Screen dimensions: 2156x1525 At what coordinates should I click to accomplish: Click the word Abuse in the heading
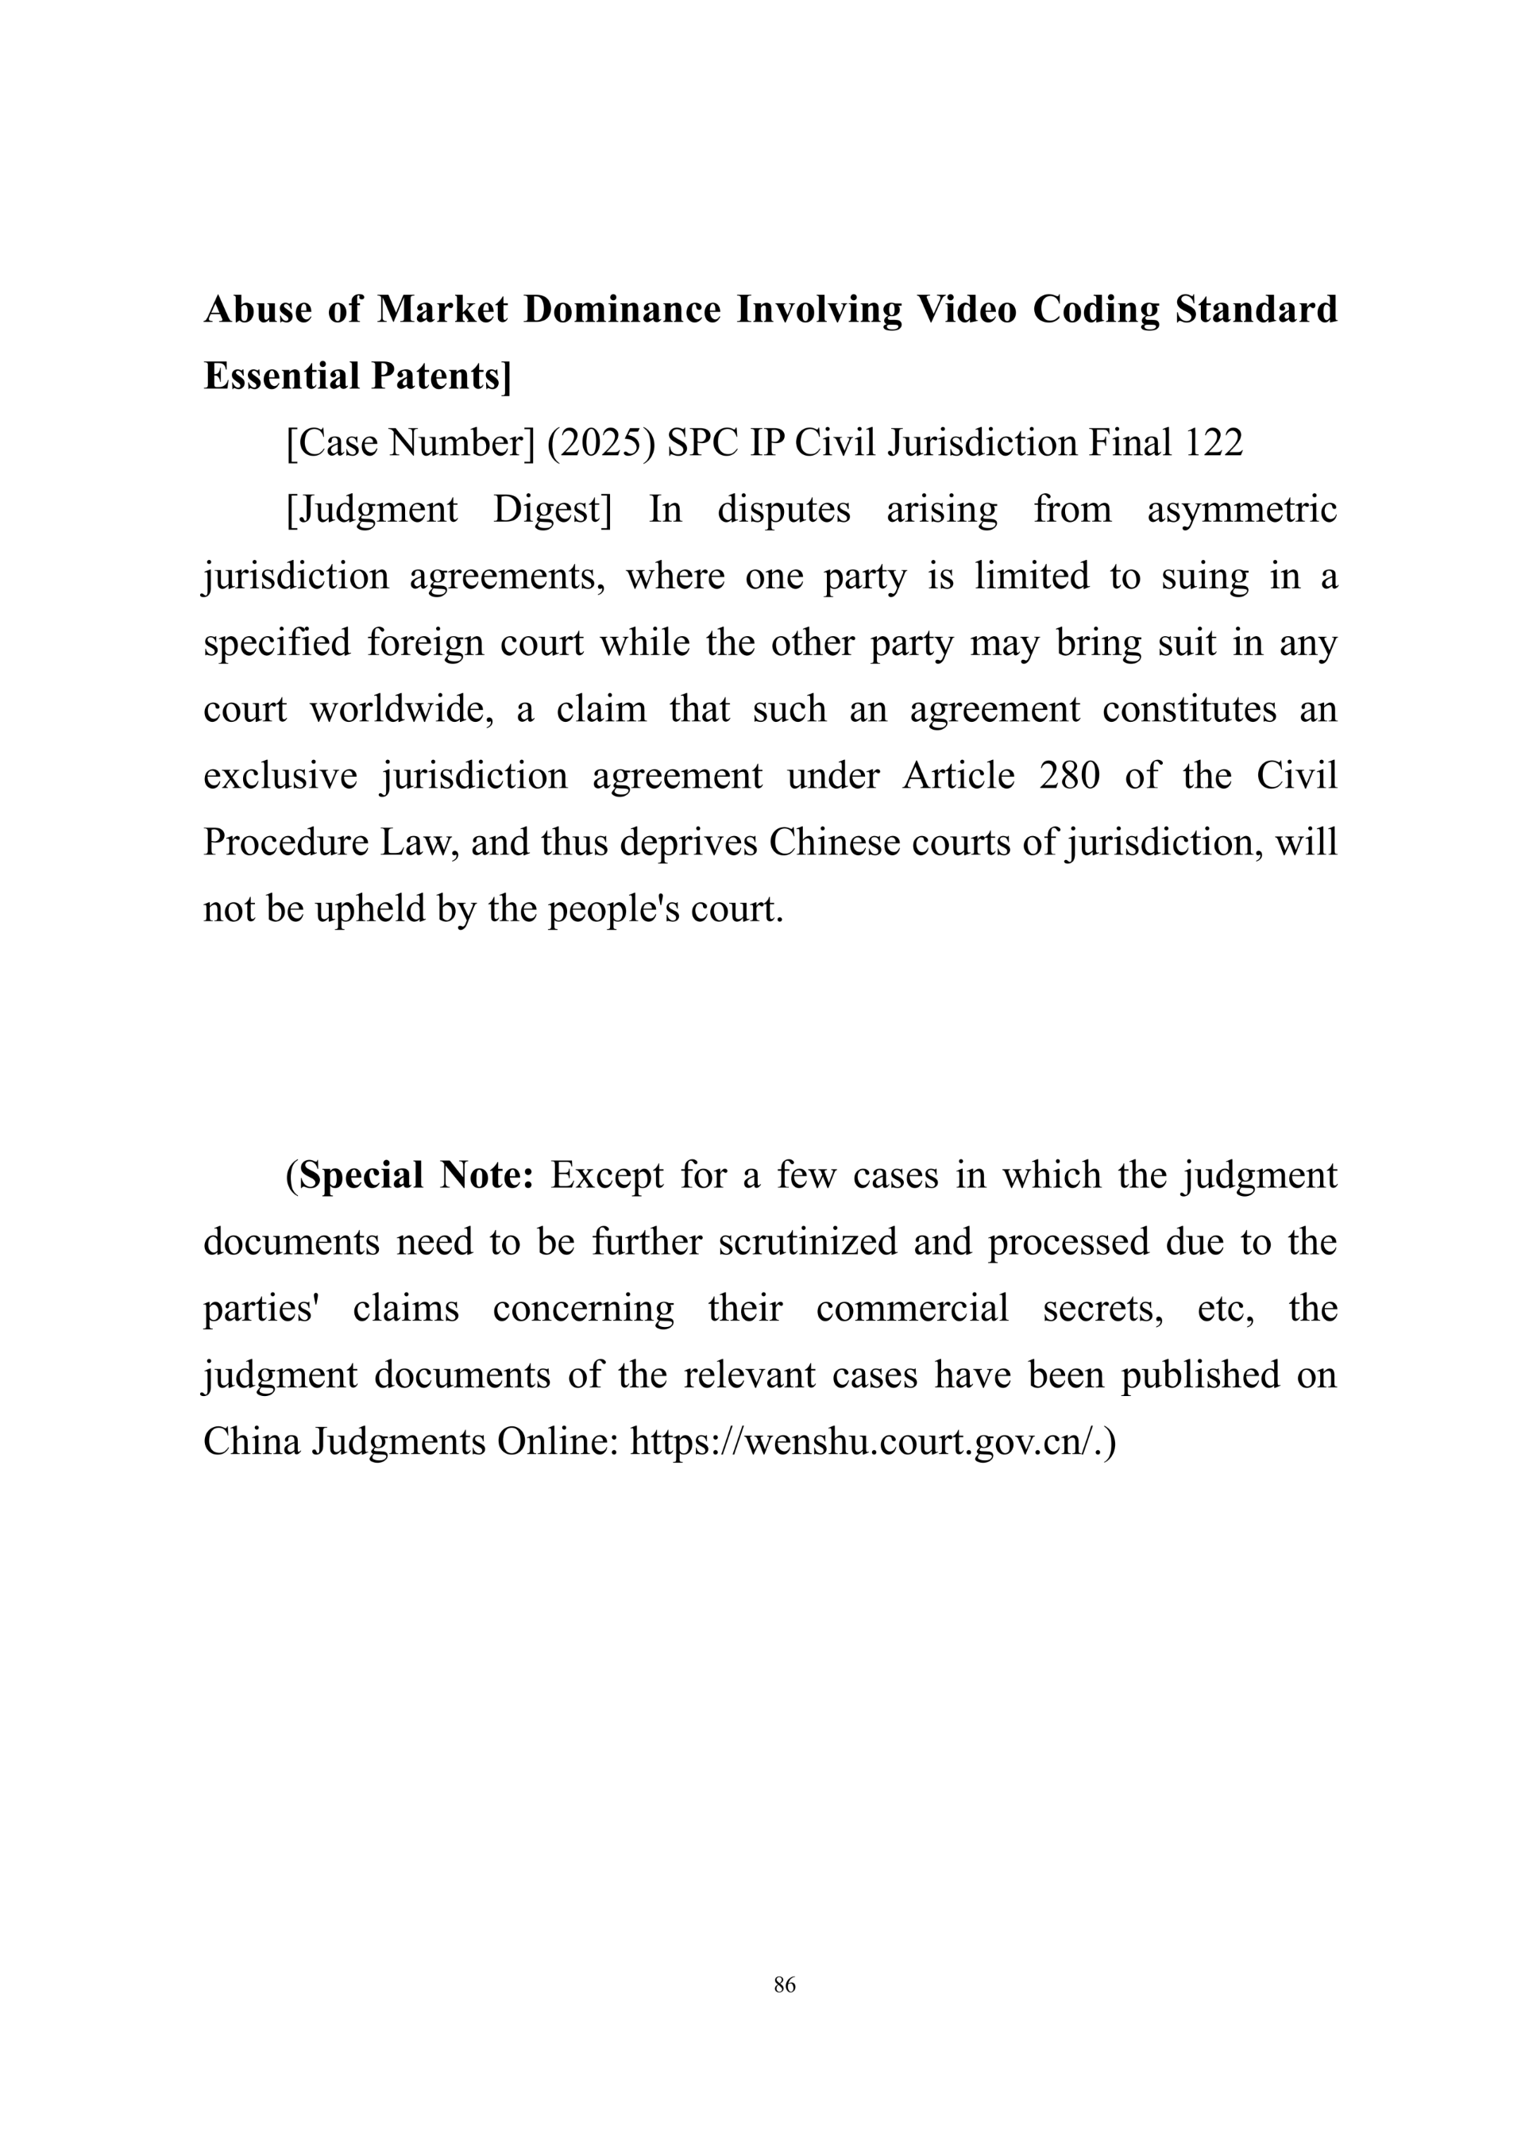(257, 310)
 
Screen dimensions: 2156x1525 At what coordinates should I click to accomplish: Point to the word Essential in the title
(282, 376)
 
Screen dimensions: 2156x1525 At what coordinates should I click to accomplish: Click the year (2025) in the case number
(601, 443)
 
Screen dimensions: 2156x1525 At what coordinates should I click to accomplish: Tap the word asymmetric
(1241, 510)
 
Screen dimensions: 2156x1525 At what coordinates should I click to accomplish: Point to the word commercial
(912, 1309)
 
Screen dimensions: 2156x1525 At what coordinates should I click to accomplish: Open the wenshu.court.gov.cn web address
(871, 1442)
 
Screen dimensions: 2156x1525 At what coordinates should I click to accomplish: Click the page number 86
(785, 1984)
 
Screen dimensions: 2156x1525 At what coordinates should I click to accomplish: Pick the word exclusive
(280, 777)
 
